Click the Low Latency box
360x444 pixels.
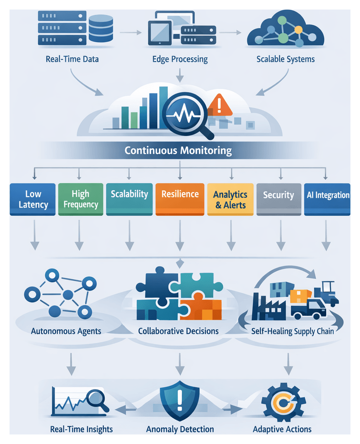(33, 199)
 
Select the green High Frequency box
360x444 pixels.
(81, 199)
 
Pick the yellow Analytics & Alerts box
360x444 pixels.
(230, 199)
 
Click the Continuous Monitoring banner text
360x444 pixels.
(178, 151)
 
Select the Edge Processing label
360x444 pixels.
(180, 60)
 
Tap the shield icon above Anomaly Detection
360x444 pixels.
(179, 399)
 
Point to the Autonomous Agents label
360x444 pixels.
(66, 330)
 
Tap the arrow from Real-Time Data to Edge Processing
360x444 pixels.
(131, 32)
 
